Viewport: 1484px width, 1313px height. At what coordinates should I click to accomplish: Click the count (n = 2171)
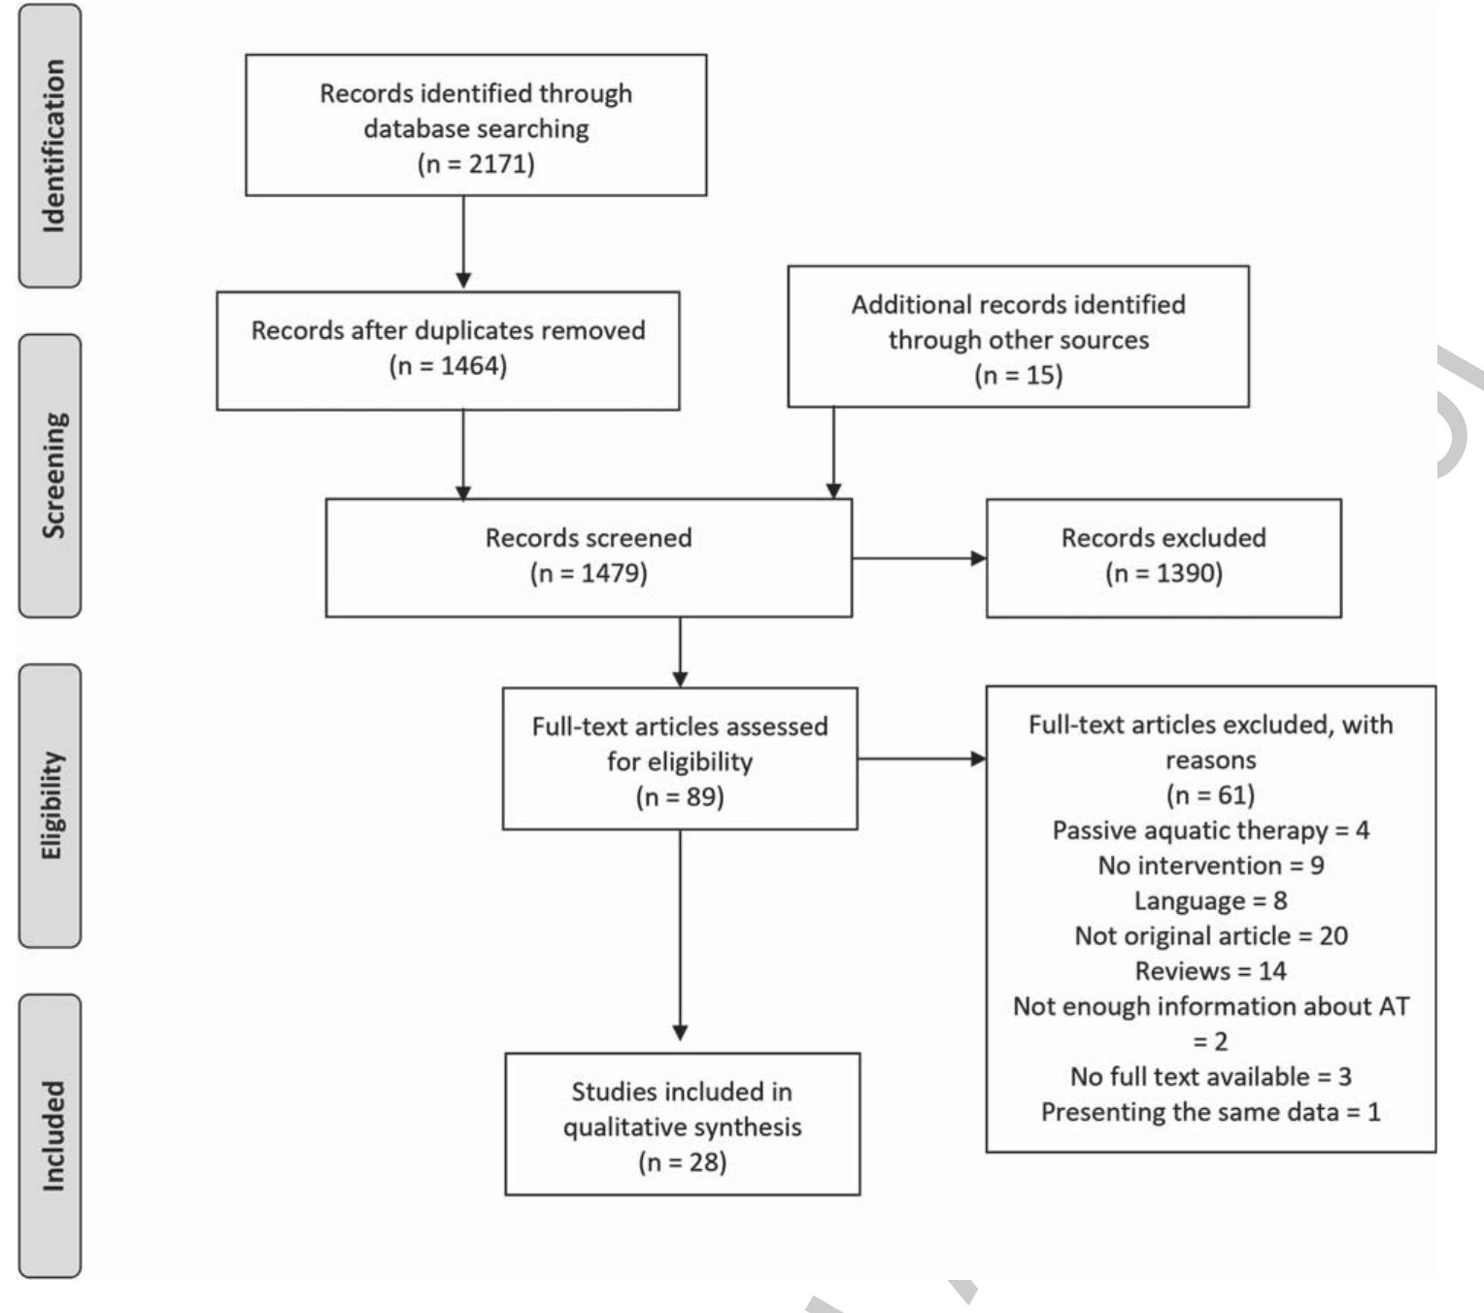tap(476, 163)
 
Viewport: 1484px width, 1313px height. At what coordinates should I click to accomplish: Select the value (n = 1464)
tap(448, 365)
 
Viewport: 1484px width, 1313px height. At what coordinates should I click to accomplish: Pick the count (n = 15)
tap(1018, 375)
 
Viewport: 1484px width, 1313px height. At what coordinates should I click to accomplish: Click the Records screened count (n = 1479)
tap(589, 573)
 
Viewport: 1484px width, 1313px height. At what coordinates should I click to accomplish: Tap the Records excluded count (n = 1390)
tap(1164, 573)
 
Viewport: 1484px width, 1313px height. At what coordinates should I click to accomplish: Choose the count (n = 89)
tap(680, 796)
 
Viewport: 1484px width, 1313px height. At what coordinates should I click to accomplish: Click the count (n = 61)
tap(1210, 794)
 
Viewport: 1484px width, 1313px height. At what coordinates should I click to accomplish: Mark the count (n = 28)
tap(682, 1161)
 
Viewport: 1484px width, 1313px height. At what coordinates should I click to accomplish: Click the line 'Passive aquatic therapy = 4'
tap(1210, 830)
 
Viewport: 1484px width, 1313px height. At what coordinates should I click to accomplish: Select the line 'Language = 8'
tap(1210, 900)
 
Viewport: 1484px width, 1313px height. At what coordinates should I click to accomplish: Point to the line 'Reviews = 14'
tap(1210, 970)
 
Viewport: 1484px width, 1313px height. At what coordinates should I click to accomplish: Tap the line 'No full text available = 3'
tap(1210, 1076)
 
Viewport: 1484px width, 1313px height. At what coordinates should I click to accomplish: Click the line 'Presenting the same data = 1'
tap(1210, 1111)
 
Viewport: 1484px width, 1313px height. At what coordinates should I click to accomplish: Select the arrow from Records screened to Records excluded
tap(919, 558)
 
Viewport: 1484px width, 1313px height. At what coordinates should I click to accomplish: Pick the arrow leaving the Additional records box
tap(833, 453)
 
